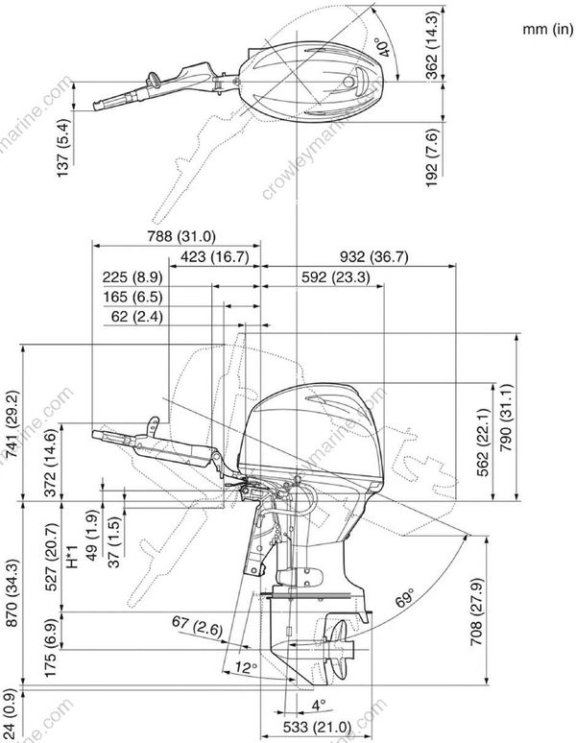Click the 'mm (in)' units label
pyautogui.click(x=547, y=29)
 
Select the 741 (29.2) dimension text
pyautogui.click(x=12, y=427)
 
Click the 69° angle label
pyautogui.click(x=406, y=603)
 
